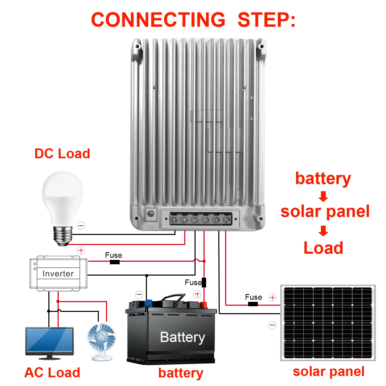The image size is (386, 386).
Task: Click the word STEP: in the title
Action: tap(266, 20)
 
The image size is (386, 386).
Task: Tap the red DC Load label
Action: tap(62, 154)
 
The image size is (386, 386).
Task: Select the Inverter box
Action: tap(58, 274)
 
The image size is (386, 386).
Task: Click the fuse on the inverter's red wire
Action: tap(115, 262)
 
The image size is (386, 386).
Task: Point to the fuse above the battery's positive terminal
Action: tap(204, 282)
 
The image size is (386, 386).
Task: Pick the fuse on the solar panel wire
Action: tap(253, 304)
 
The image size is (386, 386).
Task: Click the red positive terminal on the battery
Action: tap(204, 305)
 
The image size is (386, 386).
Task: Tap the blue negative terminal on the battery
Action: tap(148, 303)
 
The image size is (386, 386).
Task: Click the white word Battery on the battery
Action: tap(182, 337)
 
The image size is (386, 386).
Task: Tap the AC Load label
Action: tap(52, 372)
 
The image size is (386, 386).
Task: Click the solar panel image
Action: tap(328, 323)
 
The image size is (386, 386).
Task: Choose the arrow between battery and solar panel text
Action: tap(323, 196)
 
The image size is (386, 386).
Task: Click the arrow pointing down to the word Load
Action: tap(323, 231)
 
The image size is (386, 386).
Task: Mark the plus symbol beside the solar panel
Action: tap(272, 297)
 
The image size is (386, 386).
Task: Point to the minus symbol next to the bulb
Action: tap(81, 226)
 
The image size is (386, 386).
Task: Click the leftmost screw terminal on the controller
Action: tap(174, 220)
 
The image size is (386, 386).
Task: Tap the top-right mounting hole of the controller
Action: tap(261, 47)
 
